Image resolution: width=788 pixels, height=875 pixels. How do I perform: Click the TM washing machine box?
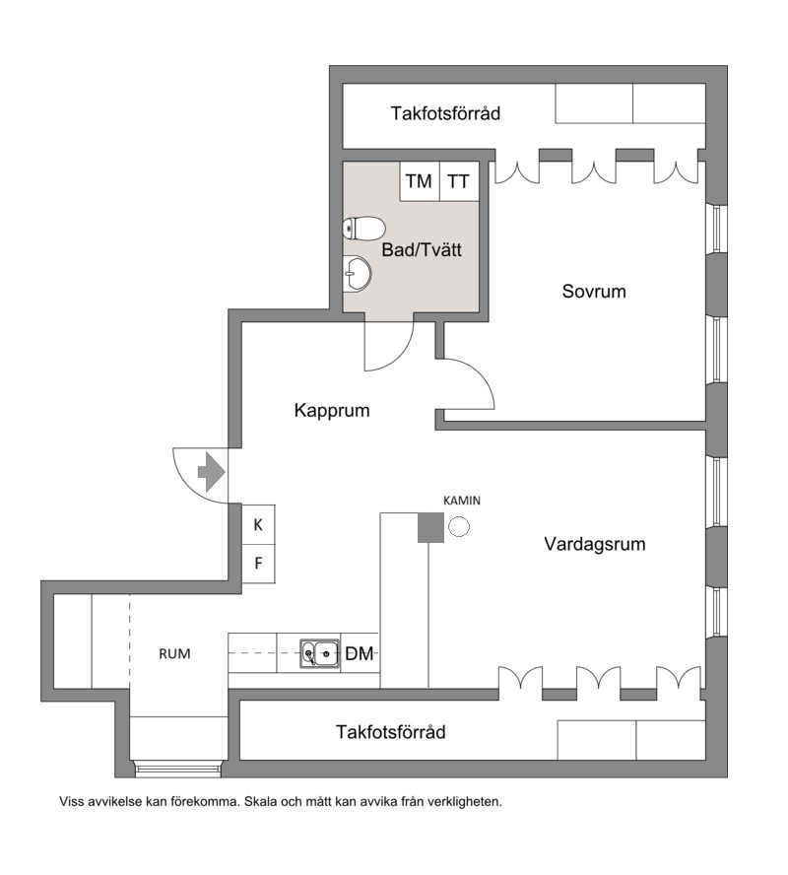tap(420, 181)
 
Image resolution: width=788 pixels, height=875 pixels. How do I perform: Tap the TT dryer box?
tap(460, 181)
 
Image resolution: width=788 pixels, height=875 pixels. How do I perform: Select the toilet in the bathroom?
tap(364, 229)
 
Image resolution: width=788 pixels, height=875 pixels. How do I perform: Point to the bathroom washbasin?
tap(357, 274)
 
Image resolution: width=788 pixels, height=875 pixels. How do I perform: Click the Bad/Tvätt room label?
tap(422, 249)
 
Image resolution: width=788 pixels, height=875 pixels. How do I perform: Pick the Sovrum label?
tap(594, 292)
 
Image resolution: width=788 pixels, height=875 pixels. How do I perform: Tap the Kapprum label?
tap(332, 411)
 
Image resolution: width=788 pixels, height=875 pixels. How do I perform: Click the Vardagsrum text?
tap(595, 544)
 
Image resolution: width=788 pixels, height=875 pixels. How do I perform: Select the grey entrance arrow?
tap(212, 472)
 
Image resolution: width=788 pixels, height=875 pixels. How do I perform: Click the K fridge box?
tap(258, 524)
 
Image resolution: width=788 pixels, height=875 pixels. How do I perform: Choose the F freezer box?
tap(258, 564)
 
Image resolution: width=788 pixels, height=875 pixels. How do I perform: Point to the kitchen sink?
tap(319, 653)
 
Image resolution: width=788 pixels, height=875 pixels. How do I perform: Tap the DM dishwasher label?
tap(360, 653)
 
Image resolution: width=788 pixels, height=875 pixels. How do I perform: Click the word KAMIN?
tap(462, 501)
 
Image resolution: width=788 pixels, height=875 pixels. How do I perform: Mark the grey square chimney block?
tap(431, 527)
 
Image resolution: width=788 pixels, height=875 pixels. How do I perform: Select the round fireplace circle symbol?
tap(460, 526)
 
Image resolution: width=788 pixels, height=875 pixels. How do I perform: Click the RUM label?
tap(174, 653)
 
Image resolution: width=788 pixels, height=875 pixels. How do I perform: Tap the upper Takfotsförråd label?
tap(445, 113)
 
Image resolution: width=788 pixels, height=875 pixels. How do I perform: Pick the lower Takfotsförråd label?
tap(390, 731)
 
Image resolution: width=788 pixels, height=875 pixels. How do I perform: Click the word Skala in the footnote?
tap(261, 802)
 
